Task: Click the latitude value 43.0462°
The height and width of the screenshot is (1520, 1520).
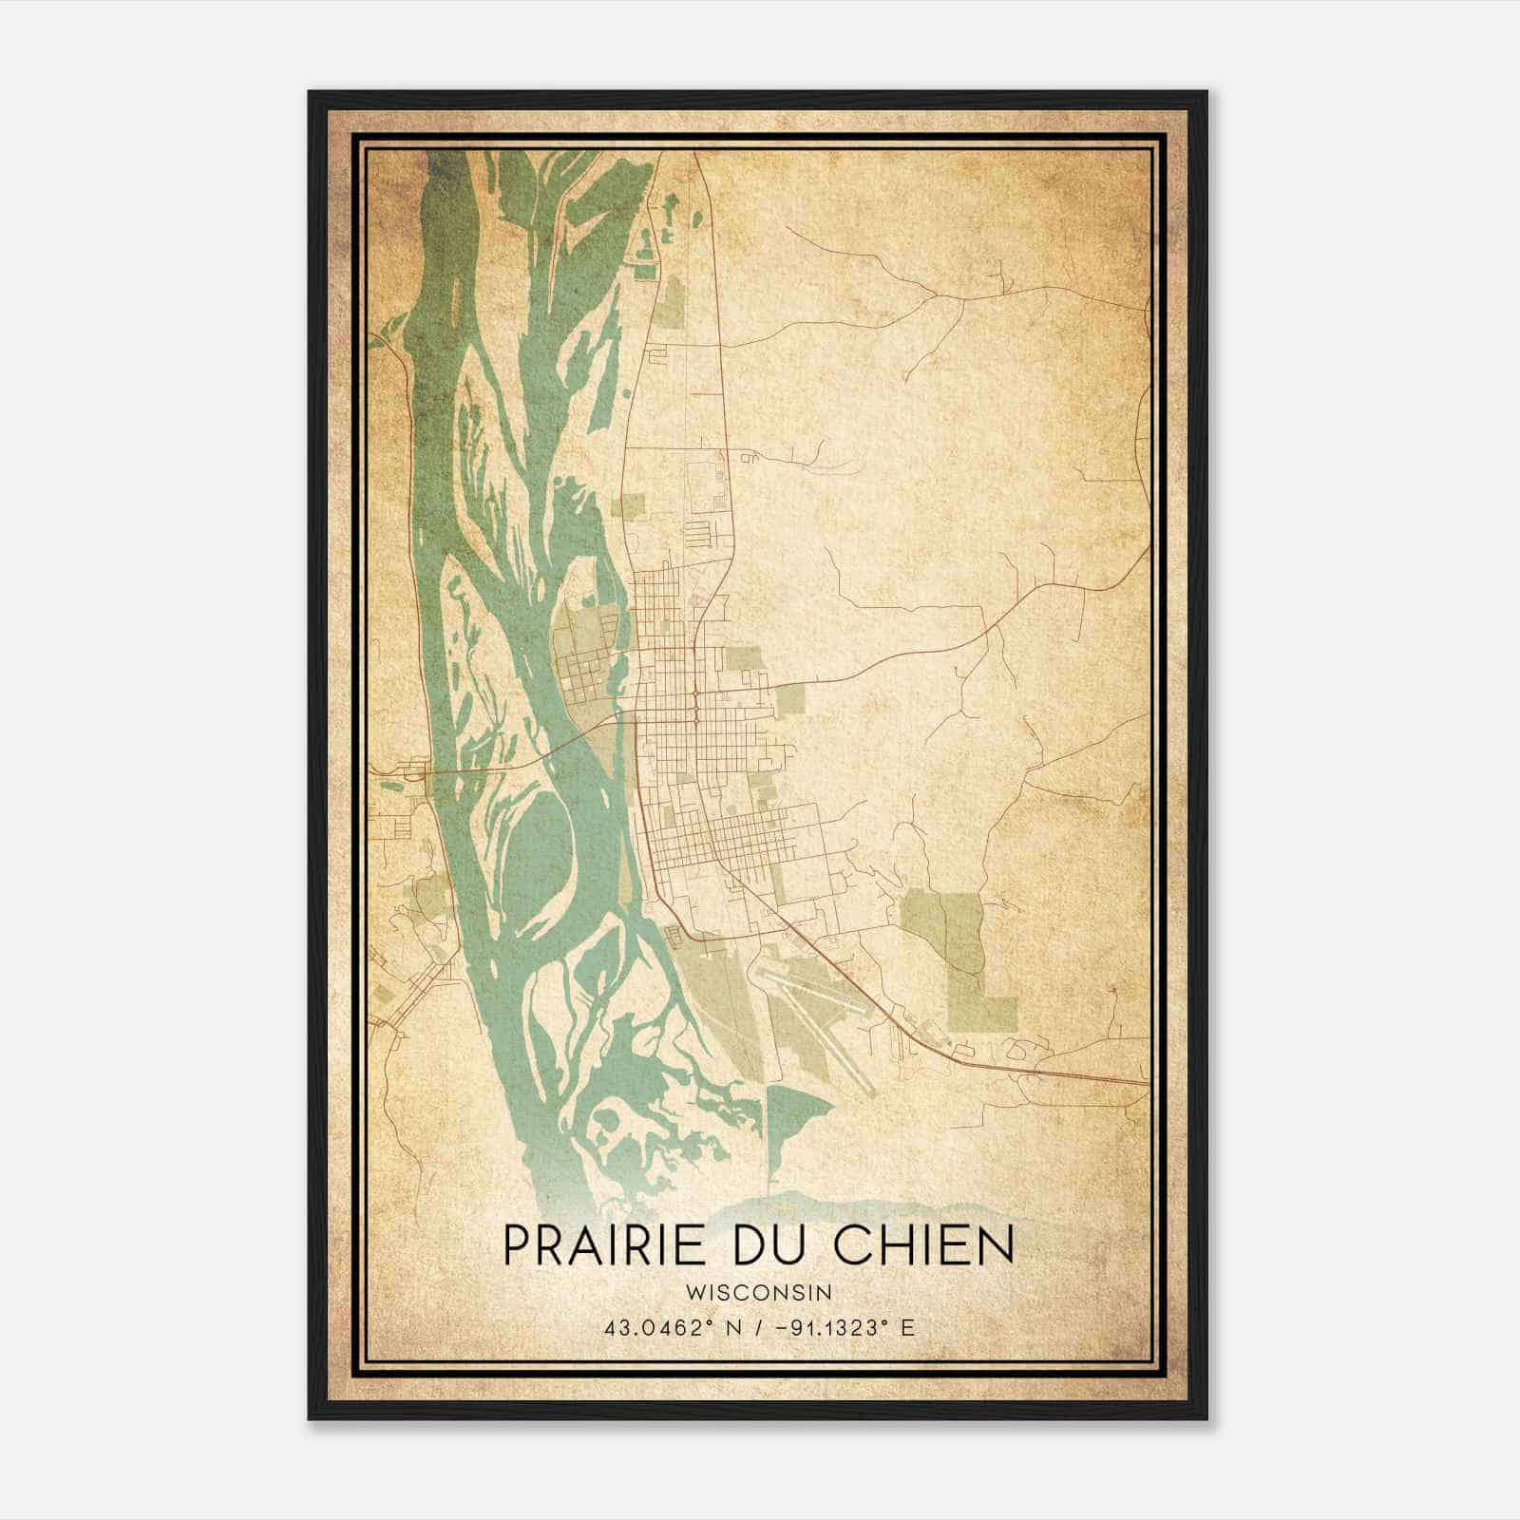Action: click(x=655, y=1328)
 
